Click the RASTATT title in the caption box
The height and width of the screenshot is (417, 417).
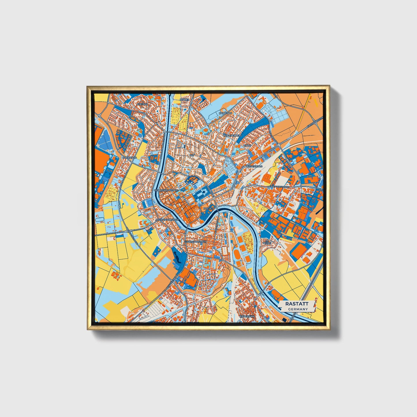(x=297, y=304)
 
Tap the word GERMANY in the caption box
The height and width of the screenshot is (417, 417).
(x=298, y=309)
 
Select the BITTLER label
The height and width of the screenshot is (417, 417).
(x=184, y=100)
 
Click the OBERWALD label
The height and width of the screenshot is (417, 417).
(x=129, y=158)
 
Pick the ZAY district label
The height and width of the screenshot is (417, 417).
(x=192, y=155)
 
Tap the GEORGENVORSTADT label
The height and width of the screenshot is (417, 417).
(x=167, y=190)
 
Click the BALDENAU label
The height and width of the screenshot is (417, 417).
(x=225, y=113)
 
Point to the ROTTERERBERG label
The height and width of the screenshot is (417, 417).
(x=232, y=135)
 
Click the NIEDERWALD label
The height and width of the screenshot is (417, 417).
(x=254, y=167)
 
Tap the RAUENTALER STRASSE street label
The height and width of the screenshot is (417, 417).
(x=278, y=187)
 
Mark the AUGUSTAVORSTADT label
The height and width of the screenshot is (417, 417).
(x=167, y=220)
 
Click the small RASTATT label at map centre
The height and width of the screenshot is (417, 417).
(x=209, y=208)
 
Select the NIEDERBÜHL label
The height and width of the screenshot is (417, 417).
(x=247, y=316)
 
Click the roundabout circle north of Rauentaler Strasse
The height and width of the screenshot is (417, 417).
(x=288, y=160)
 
